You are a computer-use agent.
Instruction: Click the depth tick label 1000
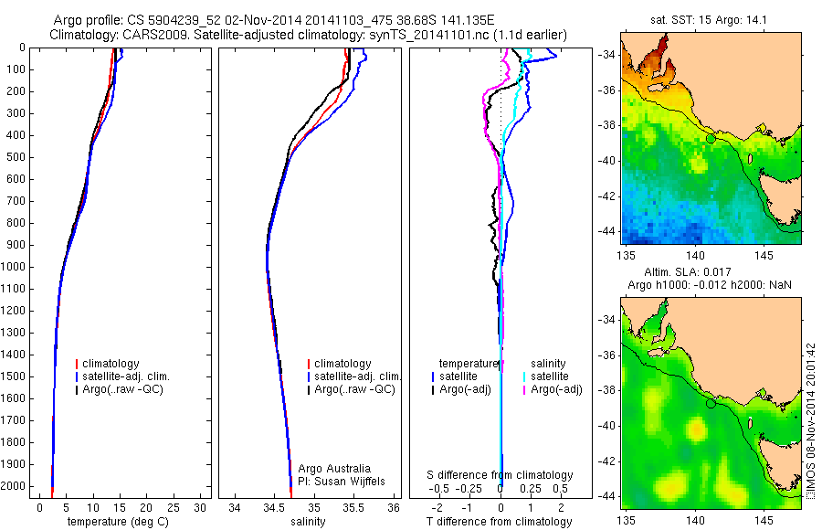(16, 267)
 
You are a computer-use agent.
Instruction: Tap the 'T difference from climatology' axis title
(500, 522)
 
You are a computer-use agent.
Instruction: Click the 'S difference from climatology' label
(501, 475)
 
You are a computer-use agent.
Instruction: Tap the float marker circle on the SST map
(711, 138)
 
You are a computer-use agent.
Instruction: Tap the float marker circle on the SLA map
(711, 403)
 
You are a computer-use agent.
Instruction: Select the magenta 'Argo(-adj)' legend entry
(556, 389)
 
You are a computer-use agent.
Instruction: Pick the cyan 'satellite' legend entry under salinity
(551, 376)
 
